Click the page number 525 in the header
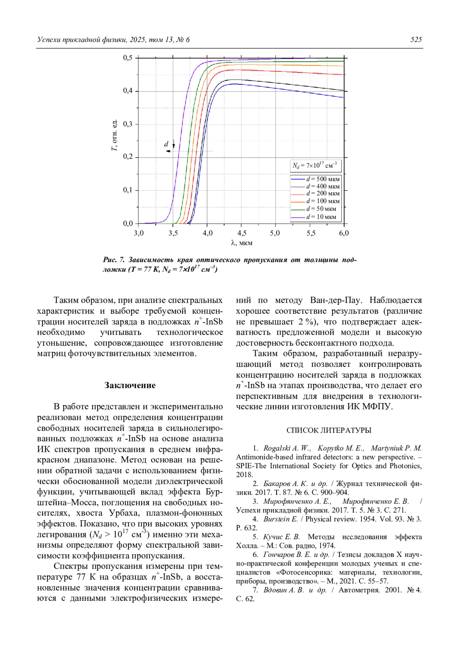[416, 40]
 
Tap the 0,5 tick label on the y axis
[128, 58]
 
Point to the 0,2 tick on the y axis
[128, 157]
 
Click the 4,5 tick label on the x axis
[241, 233]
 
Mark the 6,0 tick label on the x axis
[343, 233]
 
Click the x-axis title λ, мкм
[241, 243]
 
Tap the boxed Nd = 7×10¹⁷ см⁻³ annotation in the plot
[315, 165]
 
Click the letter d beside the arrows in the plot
[166, 144]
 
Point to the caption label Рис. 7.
[114, 260]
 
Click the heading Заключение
[130, 385]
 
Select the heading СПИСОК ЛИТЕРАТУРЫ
[329, 430]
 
